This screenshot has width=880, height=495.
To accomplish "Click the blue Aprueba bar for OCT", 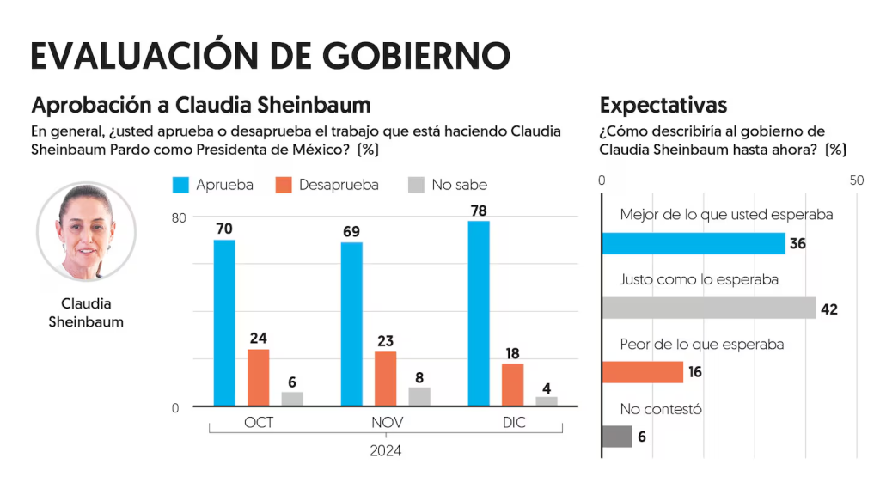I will click(224, 322).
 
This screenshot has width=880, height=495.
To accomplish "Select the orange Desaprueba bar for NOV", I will click(386, 378).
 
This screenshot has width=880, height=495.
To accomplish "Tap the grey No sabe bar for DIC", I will click(547, 400).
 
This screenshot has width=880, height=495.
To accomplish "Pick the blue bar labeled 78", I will click(479, 313).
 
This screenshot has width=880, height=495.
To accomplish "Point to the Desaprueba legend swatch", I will click(284, 185).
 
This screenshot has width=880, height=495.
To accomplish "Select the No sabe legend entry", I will click(447, 185).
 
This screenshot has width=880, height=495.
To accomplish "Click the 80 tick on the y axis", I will click(179, 217).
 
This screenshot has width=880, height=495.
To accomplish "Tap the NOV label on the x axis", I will click(386, 424).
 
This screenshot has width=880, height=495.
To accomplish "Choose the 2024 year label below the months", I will click(386, 450).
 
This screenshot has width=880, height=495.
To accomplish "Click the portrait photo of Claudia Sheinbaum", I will click(86, 232).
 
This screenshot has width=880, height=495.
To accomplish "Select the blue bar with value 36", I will click(693, 243).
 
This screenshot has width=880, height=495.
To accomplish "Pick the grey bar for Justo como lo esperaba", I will click(708, 308).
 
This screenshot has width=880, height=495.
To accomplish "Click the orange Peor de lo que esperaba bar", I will click(642, 372).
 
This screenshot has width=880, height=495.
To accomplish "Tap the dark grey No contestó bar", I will click(617, 437).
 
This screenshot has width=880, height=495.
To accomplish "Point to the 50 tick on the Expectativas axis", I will click(856, 181).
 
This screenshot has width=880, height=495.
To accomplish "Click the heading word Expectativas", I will click(663, 106).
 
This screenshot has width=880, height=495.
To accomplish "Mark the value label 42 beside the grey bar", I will click(828, 309).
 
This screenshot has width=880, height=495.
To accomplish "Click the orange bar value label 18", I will click(512, 353).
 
